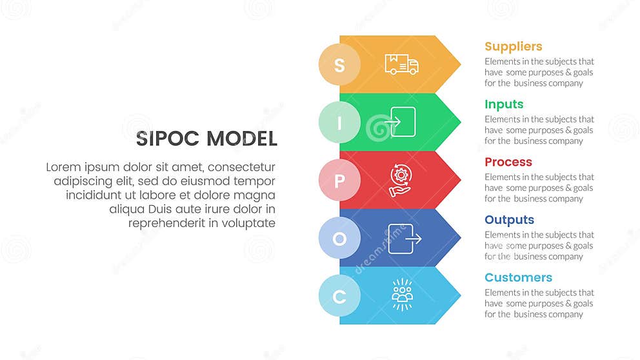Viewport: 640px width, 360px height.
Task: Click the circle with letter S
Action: pyautogui.click(x=339, y=65)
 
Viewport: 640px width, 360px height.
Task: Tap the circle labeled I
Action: pyautogui.click(x=339, y=123)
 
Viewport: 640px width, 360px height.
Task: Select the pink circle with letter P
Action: pyautogui.click(x=339, y=180)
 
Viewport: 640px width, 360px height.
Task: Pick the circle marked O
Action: pyautogui.click(x=339, y=238)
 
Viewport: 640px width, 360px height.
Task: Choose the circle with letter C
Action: pyautogui.click(x=339, y=296)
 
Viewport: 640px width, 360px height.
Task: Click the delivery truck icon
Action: pyautogui.click(x=401, y=64)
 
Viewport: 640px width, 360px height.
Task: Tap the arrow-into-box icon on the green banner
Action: pyautogui.click(x=401, y=122)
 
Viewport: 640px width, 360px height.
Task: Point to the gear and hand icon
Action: pyautogui.click(x=401, y=180)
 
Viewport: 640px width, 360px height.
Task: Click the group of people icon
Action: pyautogui.click(x=402, y=295)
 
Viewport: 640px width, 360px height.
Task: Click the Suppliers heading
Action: pyautogui.click(x=513, y=46)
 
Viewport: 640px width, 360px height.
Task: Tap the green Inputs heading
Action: pyautogui.click(x=504, y=105)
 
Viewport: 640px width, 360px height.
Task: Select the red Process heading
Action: pyautogui.click(x=508, y=162)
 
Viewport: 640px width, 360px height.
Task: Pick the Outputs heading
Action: pyautogui.click(x=509, y=220)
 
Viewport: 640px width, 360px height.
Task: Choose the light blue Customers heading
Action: pyautogui.click(x=518, y=277)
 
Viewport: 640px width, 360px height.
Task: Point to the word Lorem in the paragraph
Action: pyautogui.click(x=63, y=167)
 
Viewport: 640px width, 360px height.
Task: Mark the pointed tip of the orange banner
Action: pyautogui.click(x=459, y=64)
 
